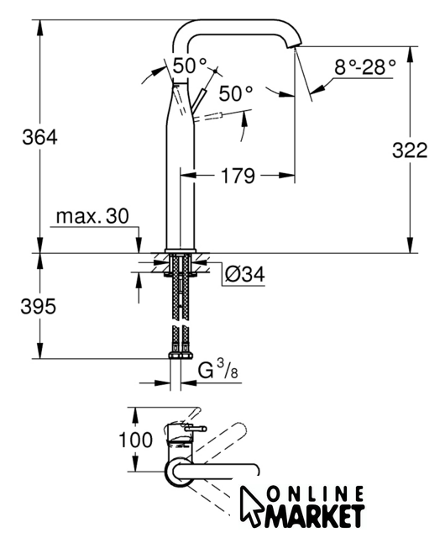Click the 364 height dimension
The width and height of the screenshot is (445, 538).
[39, 137]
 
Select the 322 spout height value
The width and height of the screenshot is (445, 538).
[410, 150]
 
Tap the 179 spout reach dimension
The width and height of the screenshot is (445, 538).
[238, 176]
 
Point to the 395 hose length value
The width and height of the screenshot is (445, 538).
[38, 306]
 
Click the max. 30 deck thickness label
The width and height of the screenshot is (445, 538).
[92, 216]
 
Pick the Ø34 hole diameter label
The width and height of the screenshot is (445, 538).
[245, 274]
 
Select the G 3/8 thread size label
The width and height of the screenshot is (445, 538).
[218, 370]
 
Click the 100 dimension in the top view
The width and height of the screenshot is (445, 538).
[135, 440]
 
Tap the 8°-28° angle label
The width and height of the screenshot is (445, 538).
[364, 67]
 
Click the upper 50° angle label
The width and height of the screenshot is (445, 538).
[190, 66]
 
